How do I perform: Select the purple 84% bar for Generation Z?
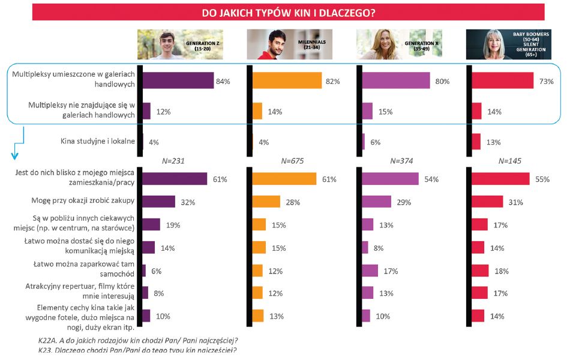pos(178,80)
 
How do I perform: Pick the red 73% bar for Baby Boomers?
pos(502,80)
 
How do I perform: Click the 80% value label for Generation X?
pos(442,81)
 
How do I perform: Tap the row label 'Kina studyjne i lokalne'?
pos(98,142)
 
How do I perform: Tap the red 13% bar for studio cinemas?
pos(476,142)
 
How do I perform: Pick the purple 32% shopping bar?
pos(159,202)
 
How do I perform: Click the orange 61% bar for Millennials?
pos(284,179)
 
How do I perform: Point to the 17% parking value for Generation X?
pos(391,271)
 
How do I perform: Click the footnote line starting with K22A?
pos(137,341)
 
